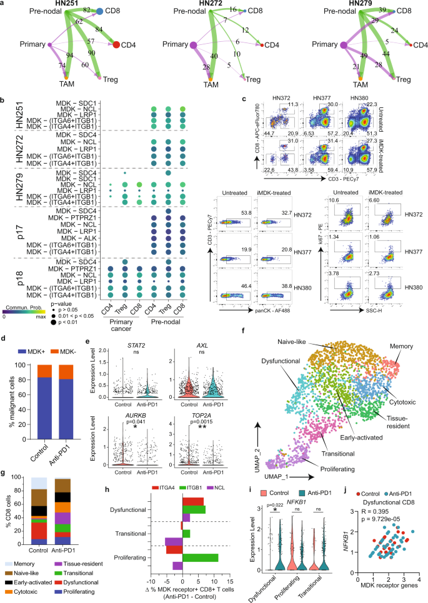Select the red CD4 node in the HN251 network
click(x=116, y=44)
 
